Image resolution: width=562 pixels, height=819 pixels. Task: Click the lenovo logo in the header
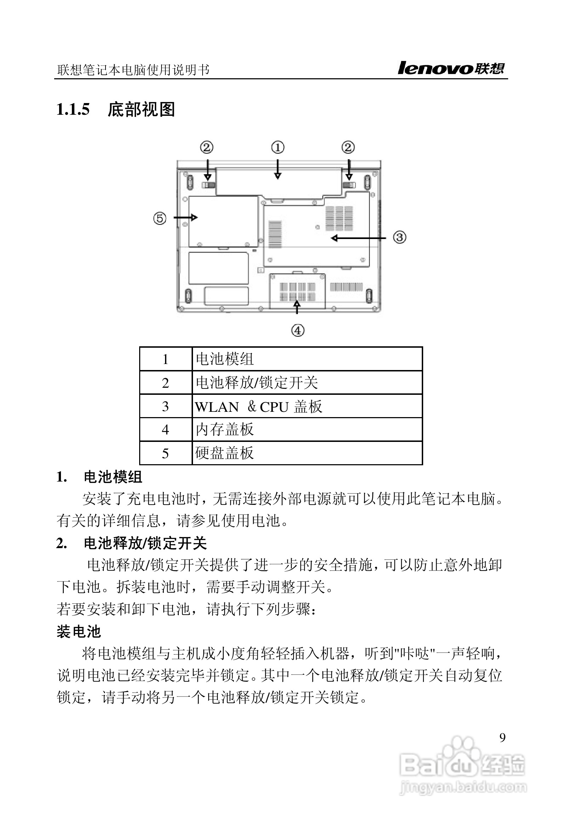click(x=451, y=68)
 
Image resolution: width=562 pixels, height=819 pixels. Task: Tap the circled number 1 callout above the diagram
click(x=278, y=147)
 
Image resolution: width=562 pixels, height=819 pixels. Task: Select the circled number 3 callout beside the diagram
click(x=400, y=237)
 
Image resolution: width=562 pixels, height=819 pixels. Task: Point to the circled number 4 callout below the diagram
click(x=298, y=330)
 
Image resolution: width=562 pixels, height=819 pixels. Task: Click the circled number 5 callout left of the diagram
click(x=160, y=218)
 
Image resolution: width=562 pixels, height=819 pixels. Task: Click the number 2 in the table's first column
click(x=165, y=383)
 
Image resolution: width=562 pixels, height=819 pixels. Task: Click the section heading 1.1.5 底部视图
click(x=116, y=109)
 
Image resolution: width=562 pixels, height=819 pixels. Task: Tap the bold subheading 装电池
click(x=79, y=632)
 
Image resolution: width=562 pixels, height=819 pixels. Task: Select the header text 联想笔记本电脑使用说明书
click(x=134, y=70)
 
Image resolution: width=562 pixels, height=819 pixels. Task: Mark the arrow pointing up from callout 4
click(x=297, y=306)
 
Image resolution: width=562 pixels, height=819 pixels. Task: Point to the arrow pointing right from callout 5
click(x=186, y=217)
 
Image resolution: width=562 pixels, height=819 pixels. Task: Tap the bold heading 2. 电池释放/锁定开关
click(x=131, y=543)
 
